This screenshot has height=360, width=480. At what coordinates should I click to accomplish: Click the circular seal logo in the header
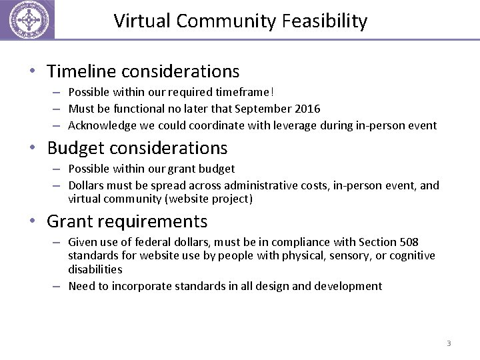click(x=27, y=20)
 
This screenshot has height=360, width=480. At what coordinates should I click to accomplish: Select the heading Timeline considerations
click(x=143, y=71)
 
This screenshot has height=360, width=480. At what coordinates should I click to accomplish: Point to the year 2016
click(x=307, y=109)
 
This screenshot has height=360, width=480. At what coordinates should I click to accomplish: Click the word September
click(x=267, y=109)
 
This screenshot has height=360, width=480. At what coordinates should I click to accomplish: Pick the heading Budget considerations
click(x=137, y=148)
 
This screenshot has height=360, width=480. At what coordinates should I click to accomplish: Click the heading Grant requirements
click(x=127, y=221)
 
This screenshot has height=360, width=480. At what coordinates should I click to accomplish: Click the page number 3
click(x=449, y=343)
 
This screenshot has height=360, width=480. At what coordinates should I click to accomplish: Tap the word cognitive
click(x=410, y=255)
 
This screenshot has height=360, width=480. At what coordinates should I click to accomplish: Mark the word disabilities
click(x=95, y=269)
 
